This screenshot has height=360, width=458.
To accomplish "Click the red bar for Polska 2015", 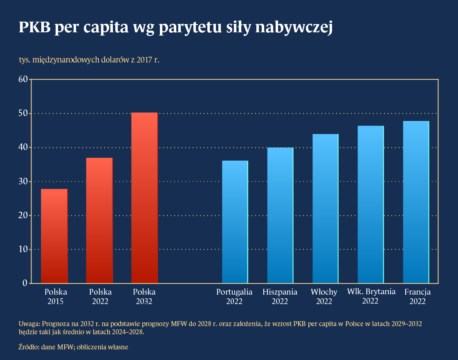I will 54,236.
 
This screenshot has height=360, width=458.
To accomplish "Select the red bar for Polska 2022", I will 99,220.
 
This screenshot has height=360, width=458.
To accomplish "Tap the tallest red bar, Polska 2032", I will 144,198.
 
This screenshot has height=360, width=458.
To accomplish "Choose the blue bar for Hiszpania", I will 280,215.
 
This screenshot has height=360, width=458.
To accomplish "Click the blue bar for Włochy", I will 326,208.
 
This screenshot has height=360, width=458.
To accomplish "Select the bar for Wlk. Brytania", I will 371,204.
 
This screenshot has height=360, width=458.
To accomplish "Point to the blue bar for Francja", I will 416,202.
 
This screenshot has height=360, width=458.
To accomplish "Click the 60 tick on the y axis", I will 23,79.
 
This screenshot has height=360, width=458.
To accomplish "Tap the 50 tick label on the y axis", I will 23,113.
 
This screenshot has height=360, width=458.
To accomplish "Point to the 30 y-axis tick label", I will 23,181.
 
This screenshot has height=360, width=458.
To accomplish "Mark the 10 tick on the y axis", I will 23,249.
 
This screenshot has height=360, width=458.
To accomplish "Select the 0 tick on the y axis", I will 25,283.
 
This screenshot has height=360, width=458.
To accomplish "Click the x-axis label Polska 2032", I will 144,297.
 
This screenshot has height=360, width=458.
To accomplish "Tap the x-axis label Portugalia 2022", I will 234,297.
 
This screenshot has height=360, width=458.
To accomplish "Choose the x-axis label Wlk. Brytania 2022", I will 371,296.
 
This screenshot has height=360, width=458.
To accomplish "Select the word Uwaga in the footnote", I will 29,324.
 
